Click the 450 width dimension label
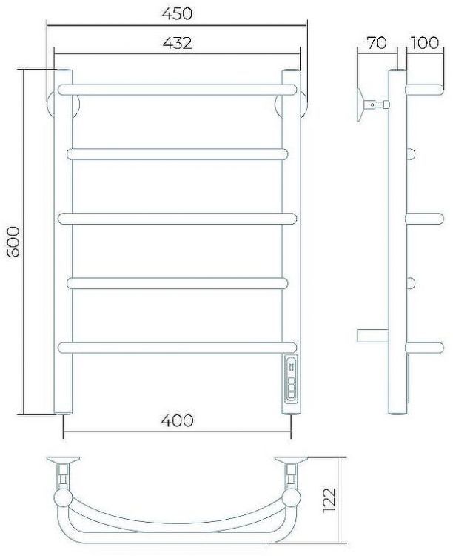pos(177,13)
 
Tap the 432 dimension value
pos(177,43)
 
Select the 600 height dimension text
pos(14,242)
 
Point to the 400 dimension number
pos(177,420)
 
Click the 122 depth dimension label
pos(329,500)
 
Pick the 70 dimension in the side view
pos(376,43)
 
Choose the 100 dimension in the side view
pos(425,43)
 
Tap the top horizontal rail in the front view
pos(177,90)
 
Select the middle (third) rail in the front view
pos(177,219)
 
